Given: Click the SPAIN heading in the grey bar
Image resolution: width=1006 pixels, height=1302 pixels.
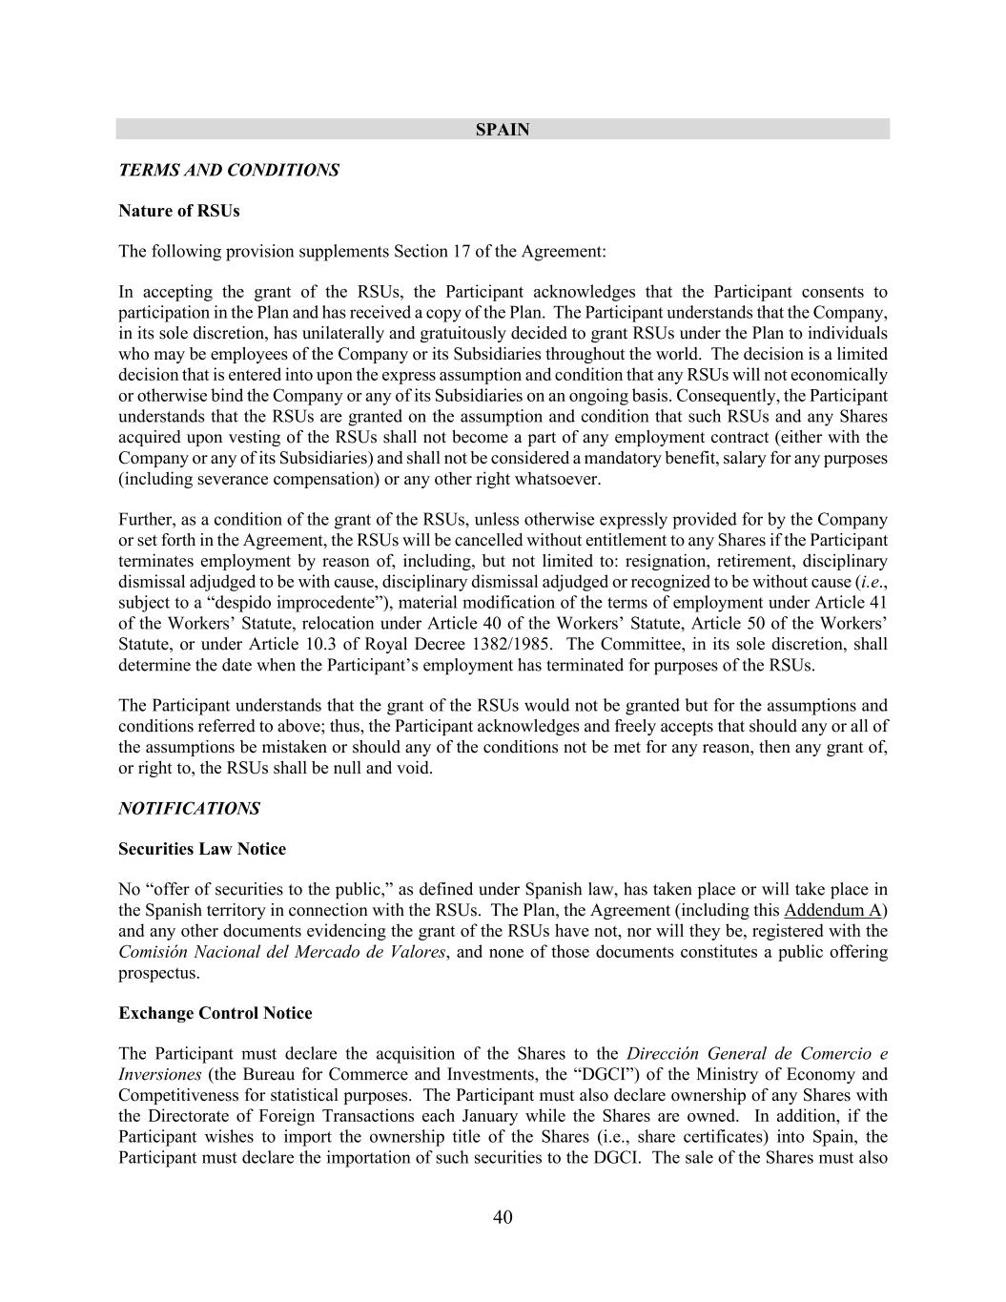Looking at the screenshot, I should (503, 130).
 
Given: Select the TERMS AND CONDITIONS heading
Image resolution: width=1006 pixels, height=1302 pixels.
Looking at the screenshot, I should (229, 171).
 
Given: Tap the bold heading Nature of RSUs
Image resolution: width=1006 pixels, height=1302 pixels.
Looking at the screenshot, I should (179, 211).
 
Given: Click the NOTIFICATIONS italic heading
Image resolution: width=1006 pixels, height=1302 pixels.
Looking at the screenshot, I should (189, 809).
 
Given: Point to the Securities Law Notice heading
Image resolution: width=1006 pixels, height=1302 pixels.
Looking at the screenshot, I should (202, 849).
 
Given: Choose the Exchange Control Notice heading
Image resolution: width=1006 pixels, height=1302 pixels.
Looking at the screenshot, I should (216, 1013).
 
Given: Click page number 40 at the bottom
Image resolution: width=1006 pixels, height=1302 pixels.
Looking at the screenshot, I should (503, 1217).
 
